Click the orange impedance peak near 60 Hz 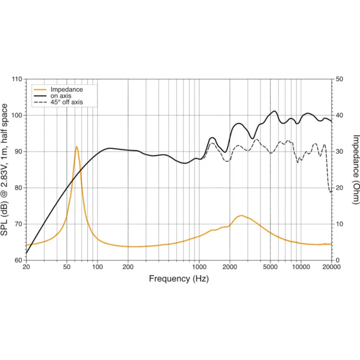pyautogui.click(x=76, y=147)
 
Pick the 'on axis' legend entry pyautogui.click(x=53, y=96)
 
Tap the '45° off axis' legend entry pyautogui.click(x=58, y=102)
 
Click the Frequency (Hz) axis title pyautogui.click(x=179, y=279)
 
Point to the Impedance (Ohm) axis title pyautogui.click(x=355, y=170)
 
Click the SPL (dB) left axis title pyautogui.click(x=4, y=170)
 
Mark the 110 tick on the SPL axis pyautogui.click(x=17, y=79)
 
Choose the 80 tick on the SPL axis pyautogui.click(x=18, y=188)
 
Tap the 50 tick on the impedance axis pyautogui.click(x=339, y=79)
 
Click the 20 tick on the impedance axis pyautogui.click(x=339, y=188)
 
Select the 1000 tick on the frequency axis pyautogui.click(x=199, y=267)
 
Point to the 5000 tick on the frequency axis pyautogui.click(x=270, y=267)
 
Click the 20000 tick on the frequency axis pyautogui.click(x=332, y=267)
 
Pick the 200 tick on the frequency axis pyautogui.click(x=128, y=267)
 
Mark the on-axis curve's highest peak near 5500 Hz pyautogui.click(x=274, y=111)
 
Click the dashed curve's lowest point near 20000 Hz pyautogui.click(x=331, y=192)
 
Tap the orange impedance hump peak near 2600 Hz pyautogui.click(x=241, y=216)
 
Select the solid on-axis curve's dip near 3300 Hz pyautogui.click(x=252, y=139)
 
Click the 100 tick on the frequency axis pyautogui.click(x=97, y=267)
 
